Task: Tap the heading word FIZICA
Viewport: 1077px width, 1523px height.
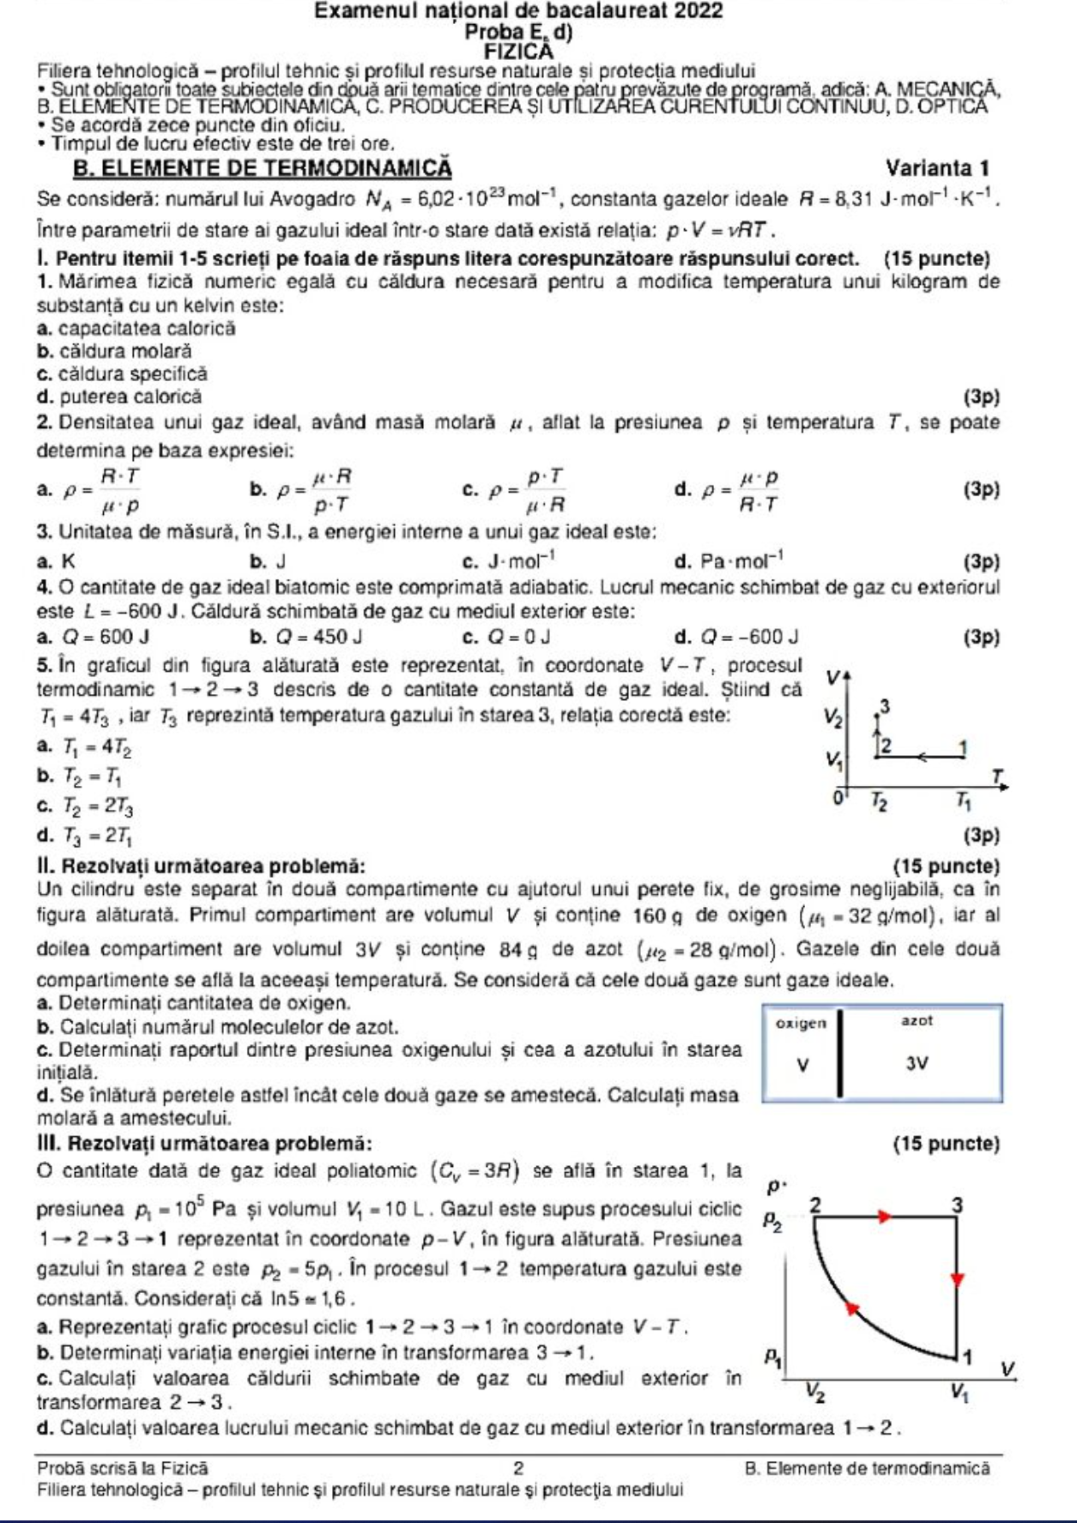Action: pos(518,51)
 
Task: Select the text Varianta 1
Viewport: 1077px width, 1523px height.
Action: pos(937,167)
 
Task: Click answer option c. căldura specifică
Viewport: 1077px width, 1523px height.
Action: pos(123,374)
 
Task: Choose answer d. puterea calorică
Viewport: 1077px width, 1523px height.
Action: pos(120,397)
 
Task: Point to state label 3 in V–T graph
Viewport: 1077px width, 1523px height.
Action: pos(885,706)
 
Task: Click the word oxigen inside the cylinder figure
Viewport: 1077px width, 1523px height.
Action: pos(801,1023)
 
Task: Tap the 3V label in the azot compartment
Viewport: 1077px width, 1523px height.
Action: pos(917,1064)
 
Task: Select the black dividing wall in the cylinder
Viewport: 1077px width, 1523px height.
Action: pos(840,1054)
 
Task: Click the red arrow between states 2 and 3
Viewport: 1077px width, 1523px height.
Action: pos(884,1215)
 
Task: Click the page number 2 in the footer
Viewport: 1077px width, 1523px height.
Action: pos(518,1468)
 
